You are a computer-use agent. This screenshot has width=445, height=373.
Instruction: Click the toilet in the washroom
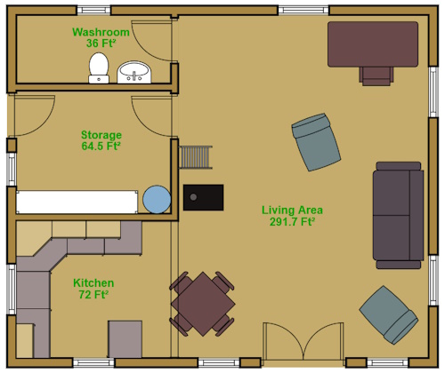click(99, 68)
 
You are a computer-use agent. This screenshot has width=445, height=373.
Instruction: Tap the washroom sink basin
click(134, 72)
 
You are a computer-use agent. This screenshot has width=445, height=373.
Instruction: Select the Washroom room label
click(101, 32)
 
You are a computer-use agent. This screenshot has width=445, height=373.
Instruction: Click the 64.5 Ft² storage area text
click(101, 147)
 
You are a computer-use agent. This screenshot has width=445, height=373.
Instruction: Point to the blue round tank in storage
click(157, 199)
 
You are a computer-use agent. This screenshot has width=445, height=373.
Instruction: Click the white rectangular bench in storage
click(77, 202)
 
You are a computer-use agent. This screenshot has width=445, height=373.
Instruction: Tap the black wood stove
click(203, 197)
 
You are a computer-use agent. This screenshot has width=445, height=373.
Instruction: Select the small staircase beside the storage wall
click(196, 157)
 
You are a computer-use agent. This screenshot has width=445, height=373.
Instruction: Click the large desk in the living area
click(373, 44)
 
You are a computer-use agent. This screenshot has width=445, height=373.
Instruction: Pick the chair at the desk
click(376, 76)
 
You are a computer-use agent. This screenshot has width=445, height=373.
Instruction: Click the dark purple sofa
click(398, 215)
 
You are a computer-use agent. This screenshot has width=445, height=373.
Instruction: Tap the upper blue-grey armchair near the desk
click(316, 142)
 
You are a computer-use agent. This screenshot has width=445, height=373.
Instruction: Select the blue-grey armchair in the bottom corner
click(389, 315)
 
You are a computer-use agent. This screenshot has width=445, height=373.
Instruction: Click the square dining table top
click(203, 304)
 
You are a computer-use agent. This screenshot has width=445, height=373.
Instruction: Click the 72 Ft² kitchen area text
click(93, 295)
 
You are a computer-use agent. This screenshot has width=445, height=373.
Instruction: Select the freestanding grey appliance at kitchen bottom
click(125, 339)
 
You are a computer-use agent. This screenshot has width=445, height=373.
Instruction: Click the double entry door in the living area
click(303, 341)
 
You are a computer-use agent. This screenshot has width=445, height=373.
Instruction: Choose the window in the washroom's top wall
click(93, 10)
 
